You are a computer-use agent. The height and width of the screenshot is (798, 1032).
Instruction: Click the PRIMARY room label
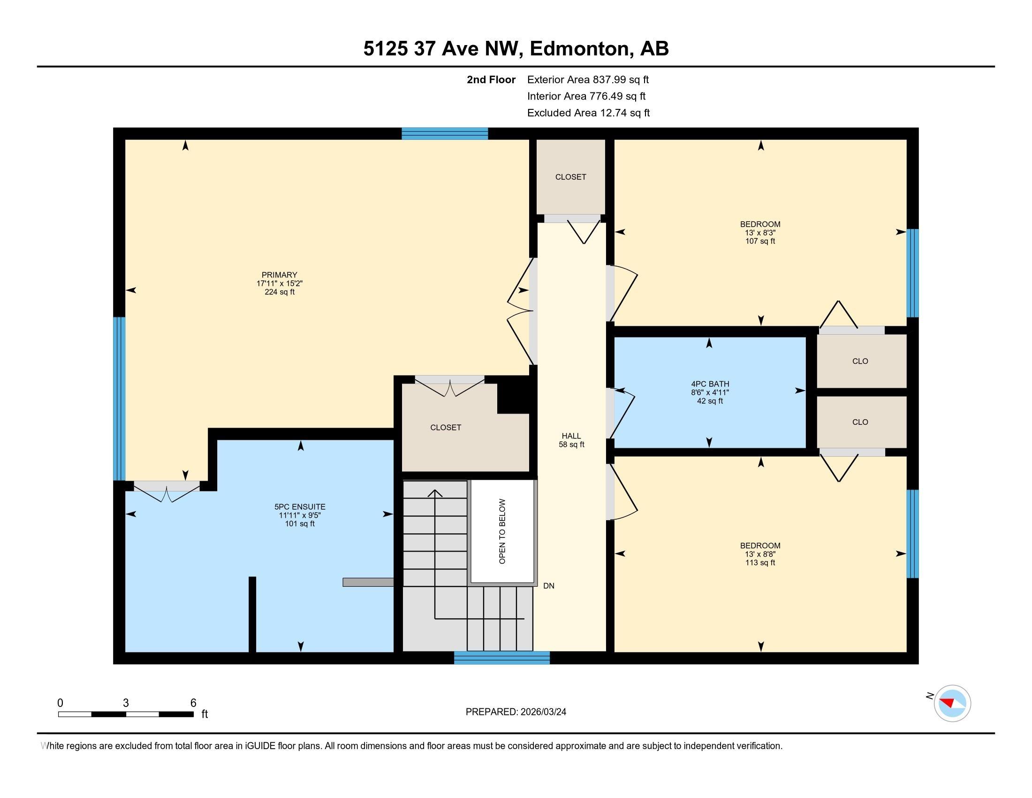pyautogui.click(x=279, y=275)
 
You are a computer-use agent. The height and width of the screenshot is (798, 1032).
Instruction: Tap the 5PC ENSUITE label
pyautogui.click(x=300, y=507)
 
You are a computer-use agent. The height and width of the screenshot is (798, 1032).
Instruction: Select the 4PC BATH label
pyautogui.click(x=710, y=384)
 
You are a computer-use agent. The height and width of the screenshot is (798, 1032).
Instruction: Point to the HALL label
pyautogui.click(x=571, y=436)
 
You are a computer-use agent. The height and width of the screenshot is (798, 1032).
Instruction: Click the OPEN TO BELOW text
pyautogui.click(x=502, y=531)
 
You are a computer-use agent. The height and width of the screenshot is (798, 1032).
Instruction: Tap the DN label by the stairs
pyautogui.click(x=549, y=586)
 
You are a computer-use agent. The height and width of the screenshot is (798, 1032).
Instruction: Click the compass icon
pyautogui.click(x=952, y=703)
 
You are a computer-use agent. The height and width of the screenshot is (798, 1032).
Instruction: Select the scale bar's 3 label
pyautogui.click(x=126, y=703)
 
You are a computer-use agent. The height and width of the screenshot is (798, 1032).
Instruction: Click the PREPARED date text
pyautogui.click(x=516, y=712)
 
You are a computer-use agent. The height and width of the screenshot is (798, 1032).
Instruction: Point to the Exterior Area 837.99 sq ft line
pyautogui.click(x=588, y=79)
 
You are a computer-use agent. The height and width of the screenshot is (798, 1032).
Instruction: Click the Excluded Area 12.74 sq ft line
pyautogui.click(x=588, y=113)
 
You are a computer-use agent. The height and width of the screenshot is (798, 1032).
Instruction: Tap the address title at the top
pyautogui.click(x=516, y=48)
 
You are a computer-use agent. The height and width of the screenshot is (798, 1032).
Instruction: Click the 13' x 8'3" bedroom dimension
pyautogui.click(x=760, y=232)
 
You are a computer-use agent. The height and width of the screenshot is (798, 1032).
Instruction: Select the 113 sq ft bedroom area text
pyautogui.click(x=760, y=562)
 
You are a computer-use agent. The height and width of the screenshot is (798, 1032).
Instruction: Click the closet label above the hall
pyautogui.click(x=571, y=177)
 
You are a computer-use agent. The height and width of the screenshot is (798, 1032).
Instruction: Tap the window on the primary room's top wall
pyautogui.click(x=445, y=134)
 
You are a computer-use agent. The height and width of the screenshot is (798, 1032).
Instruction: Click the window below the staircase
pyautogui.click(x=502, y=658)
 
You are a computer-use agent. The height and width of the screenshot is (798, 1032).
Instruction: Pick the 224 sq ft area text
pyautogui.click(x=279, y=292)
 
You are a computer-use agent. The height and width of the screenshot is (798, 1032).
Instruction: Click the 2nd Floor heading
pyautogui.click(x=491, y=79)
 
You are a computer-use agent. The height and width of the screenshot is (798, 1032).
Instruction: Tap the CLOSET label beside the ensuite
pyautogui.click(x=446, y=427)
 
